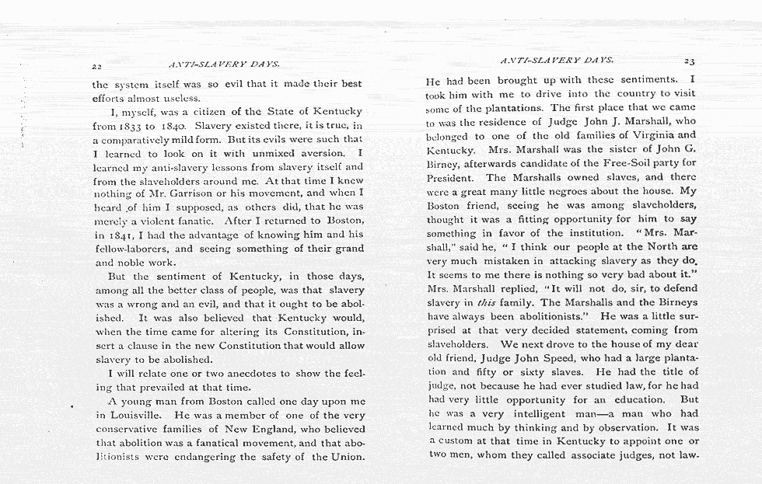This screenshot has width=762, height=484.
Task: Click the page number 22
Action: coord(97,67)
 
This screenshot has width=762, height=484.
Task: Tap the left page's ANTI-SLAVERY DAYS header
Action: coord(223,63)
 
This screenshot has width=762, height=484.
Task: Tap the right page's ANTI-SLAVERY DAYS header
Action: coord(557,59)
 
